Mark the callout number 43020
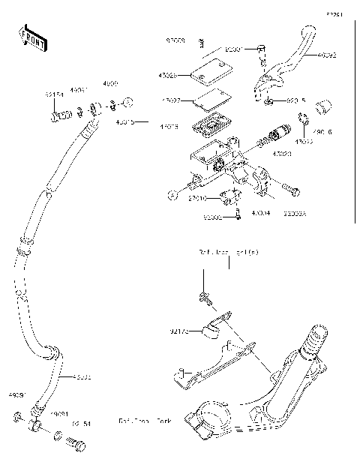282,153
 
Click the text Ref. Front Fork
145,421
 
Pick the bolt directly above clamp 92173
203,298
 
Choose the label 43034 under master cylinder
261,214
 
